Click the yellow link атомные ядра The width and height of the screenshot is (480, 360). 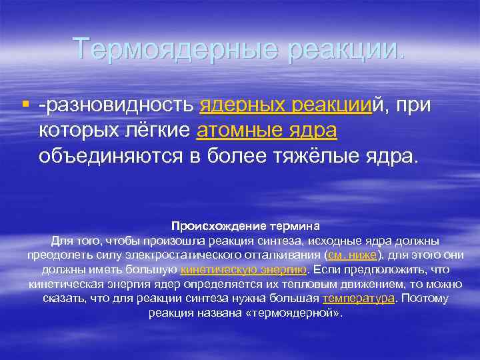click(x=267, y=131)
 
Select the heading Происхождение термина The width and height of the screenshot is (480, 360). click(x=246, y=226)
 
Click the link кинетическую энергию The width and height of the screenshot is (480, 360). click(x=243, y=269)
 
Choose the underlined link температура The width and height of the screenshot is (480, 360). click(x=358, y=298)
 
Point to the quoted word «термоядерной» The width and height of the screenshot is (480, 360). click(x=303, y=312)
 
